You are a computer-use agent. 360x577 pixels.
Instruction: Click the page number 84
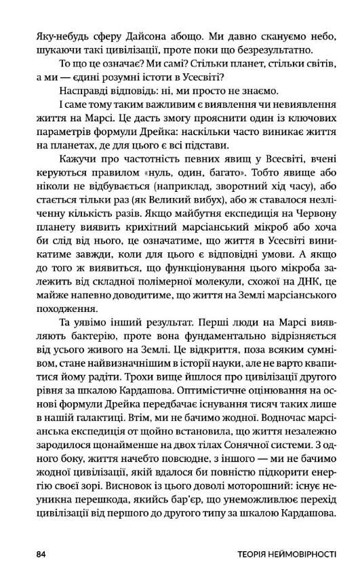coord(41,554)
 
